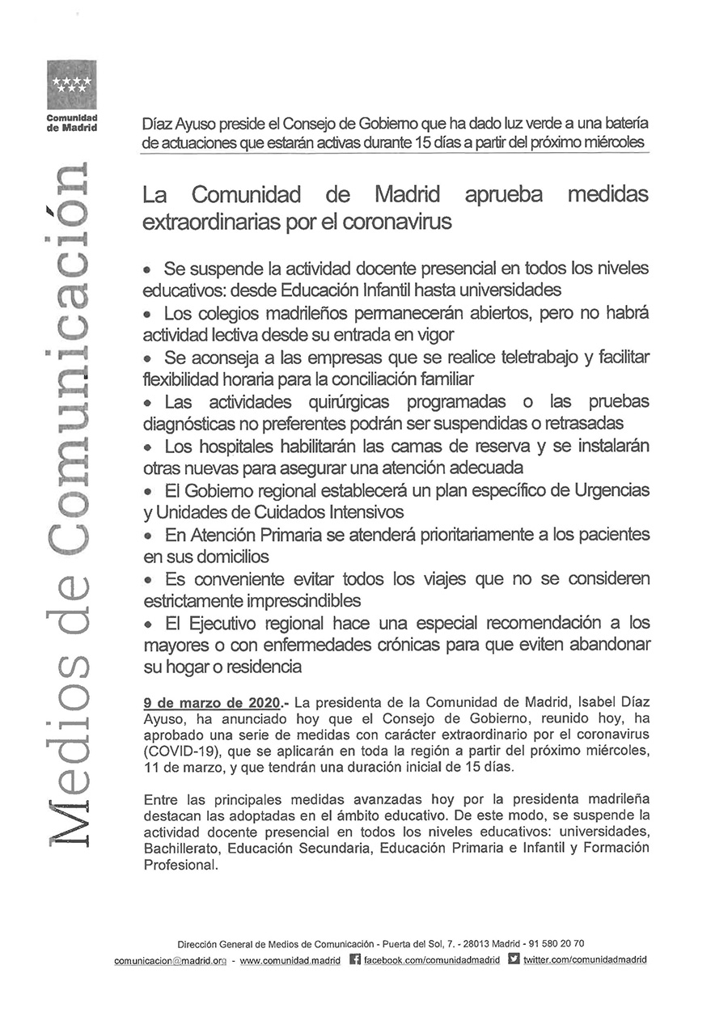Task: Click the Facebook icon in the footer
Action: pos(354,959)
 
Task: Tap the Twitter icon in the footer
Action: pos(514,959)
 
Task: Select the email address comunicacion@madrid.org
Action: pos(170,960)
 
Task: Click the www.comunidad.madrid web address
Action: pos(290,960)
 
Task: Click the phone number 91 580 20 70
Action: pos(557,944)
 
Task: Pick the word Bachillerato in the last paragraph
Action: pos(183,849)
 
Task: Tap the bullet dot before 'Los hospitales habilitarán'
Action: pos(148,447)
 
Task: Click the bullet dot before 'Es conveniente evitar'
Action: pos(148,580)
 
